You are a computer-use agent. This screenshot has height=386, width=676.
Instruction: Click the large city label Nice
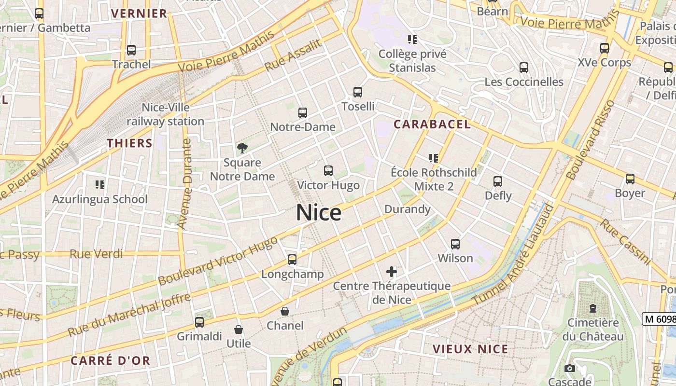[x=319, y=213]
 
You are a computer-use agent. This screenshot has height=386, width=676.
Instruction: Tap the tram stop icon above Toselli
[x=358, y=92]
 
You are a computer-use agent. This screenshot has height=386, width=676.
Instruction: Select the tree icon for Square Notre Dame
[x=242, y=148]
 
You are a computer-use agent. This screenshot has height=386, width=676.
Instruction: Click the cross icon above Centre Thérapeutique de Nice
[x=392, y=272]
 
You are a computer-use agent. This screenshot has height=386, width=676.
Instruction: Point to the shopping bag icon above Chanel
[x=285, y=311]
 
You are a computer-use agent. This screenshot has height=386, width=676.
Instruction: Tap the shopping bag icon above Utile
[x=239, y=330]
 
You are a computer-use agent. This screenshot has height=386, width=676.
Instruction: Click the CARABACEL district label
[x=432, y=124]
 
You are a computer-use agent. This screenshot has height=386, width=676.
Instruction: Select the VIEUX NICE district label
[x=470, y=349]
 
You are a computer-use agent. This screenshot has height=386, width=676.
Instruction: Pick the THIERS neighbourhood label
[x=129, y=143]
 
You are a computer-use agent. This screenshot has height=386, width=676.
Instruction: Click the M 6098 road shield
[x=659, y=318]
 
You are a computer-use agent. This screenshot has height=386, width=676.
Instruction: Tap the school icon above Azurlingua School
[x=100, y=184]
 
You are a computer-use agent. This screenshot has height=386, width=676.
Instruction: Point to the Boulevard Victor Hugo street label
[x=218, y=261]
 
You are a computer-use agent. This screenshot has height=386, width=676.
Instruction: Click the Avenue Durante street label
[x=185, y=184]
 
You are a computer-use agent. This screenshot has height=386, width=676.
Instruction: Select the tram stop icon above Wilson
[x=455, y=244]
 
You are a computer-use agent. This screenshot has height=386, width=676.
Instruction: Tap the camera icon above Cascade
[x=570, y=369]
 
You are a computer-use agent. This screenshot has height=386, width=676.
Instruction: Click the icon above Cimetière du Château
[x=593, y=308]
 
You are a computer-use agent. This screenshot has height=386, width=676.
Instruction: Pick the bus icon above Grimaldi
[x=199, y=322]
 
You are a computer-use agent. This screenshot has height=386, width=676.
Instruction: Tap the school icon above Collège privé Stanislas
[x=412, y=39]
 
